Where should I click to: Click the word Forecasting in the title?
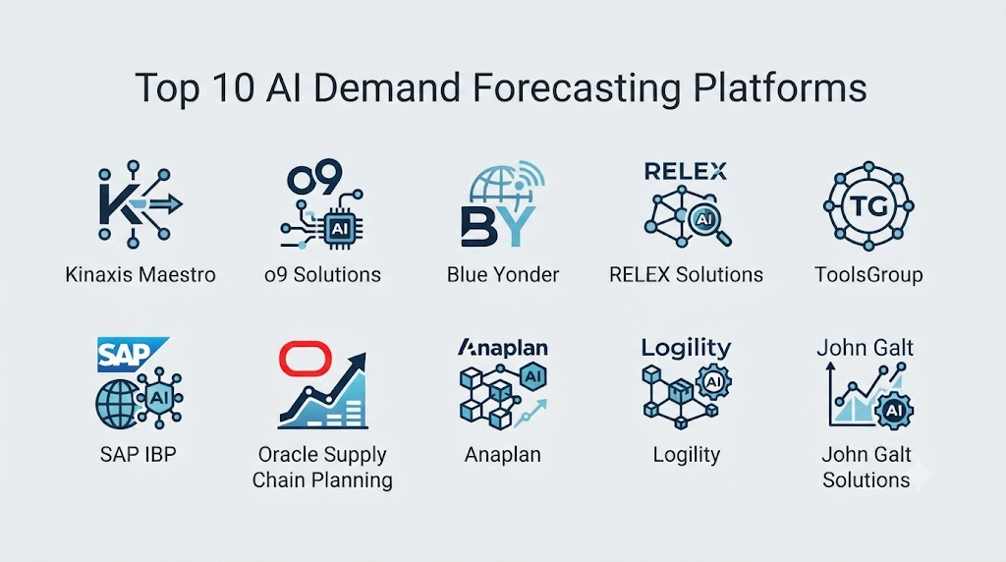[576, 87]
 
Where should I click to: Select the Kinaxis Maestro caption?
[140, 274]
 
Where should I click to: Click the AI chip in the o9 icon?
[339, 228]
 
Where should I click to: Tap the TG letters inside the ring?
[868, 206]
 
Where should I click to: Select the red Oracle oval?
[306, 358]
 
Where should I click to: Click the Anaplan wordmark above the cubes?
[503, 349]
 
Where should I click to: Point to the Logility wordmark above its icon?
[686, 349]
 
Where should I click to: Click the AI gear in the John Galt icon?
[894, 409]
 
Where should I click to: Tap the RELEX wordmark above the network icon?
[686, 171]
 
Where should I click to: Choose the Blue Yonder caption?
[503, 274]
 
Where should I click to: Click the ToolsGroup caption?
[868, 274]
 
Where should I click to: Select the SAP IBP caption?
[138, 454]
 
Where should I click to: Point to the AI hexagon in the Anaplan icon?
[532, 376]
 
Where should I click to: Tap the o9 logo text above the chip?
[314, 178]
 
